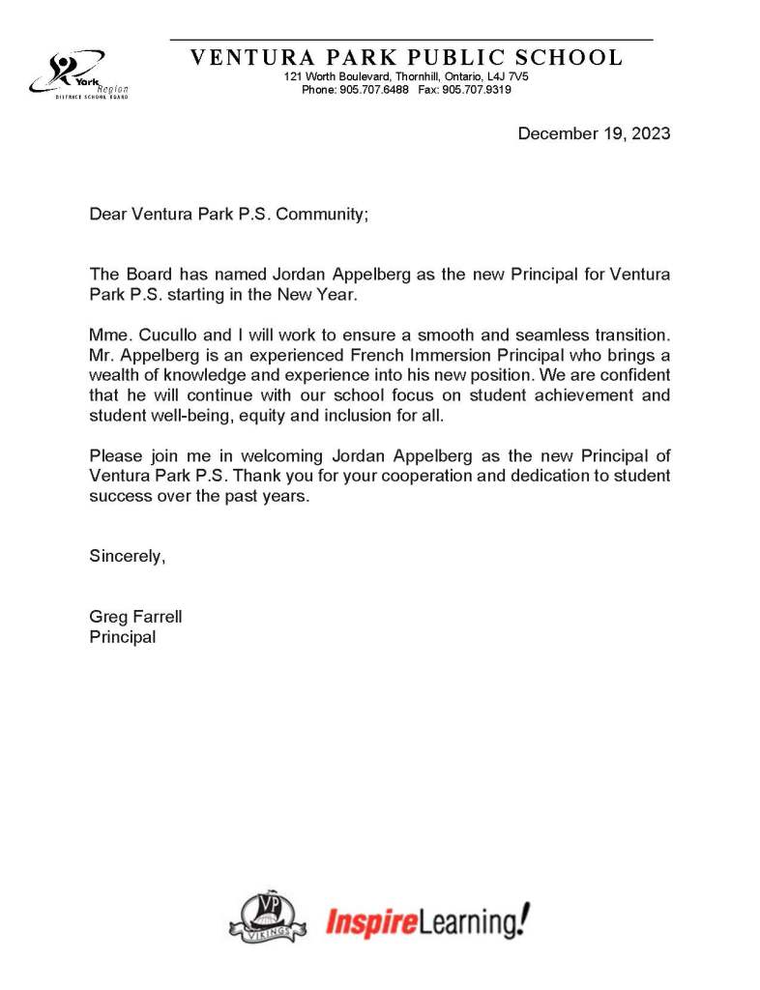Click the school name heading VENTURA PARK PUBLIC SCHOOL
(x=406, y=57)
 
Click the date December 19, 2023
(x=594, y=133)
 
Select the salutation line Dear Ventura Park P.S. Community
(x=228, y=214)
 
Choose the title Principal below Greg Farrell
(x=122, y=637)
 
